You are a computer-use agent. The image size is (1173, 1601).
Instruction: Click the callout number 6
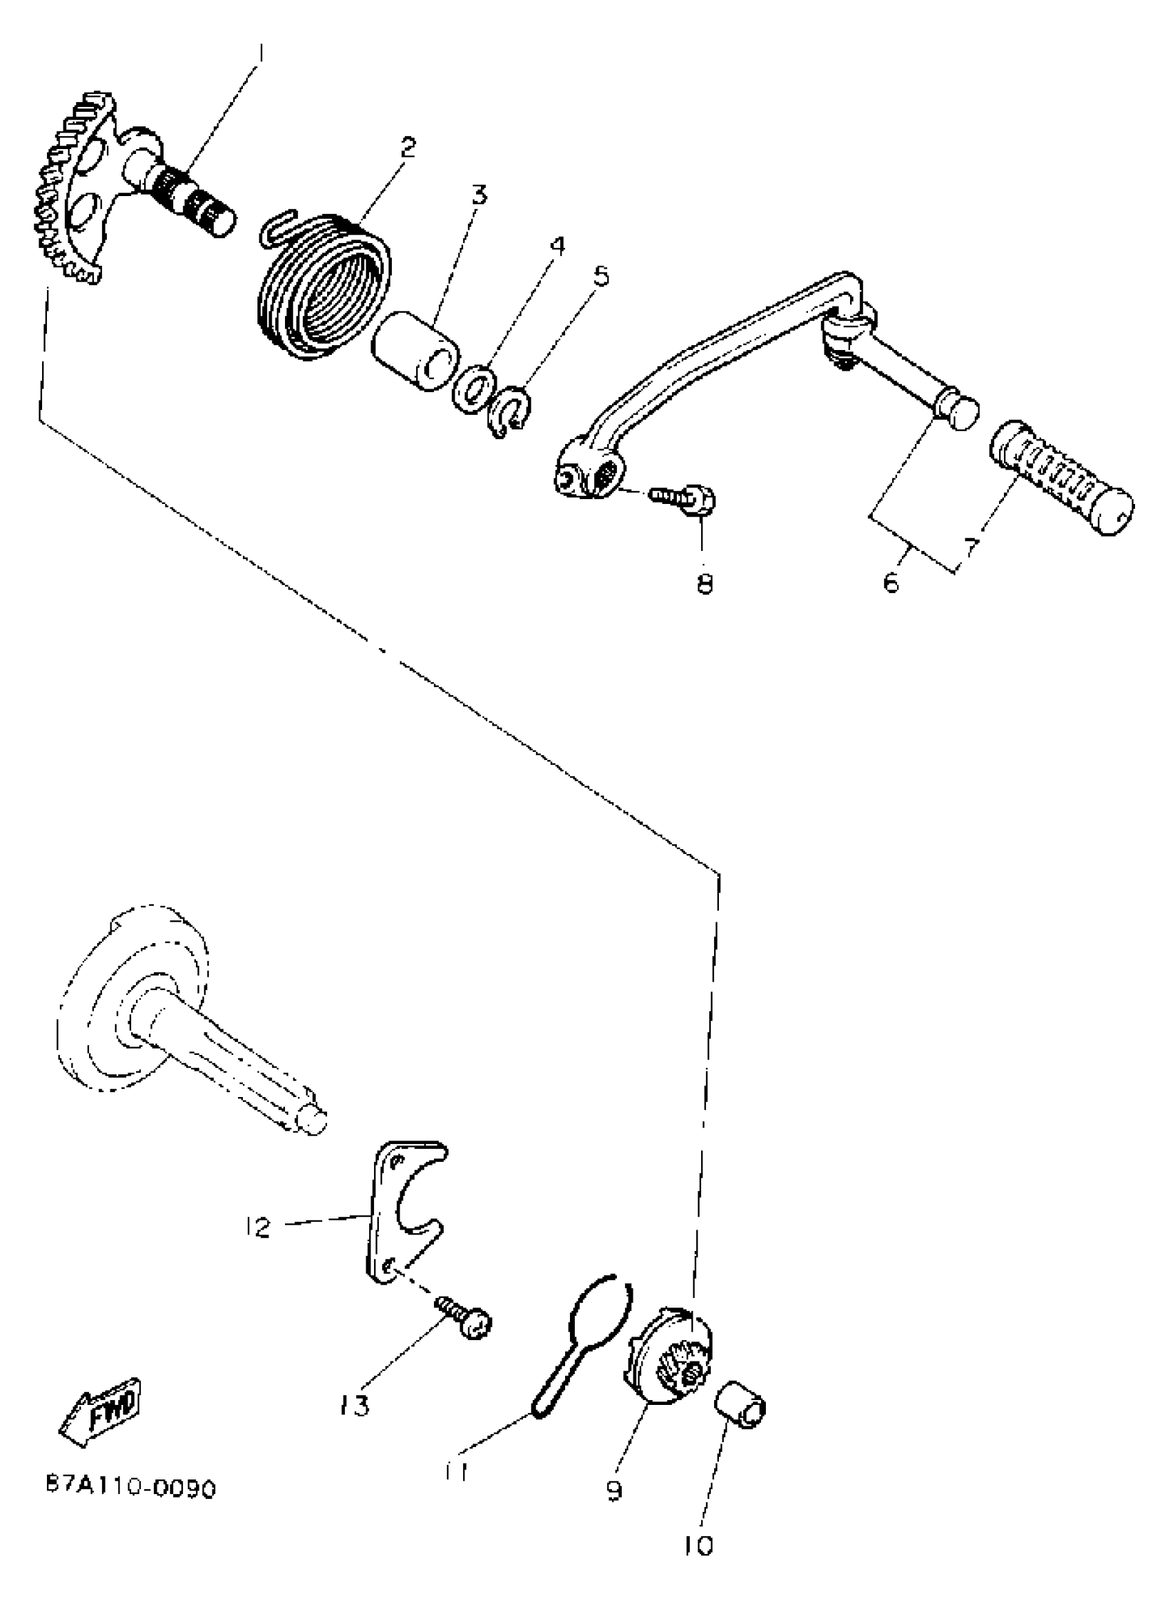(x=891, y=583)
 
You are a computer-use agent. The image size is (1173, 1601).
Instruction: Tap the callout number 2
(x=408, y=147)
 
